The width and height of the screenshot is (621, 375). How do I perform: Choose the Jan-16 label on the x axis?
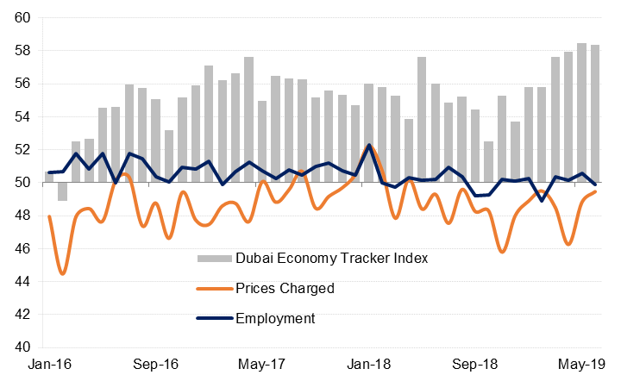(x=49, y=365)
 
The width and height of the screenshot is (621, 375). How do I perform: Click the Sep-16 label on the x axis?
(x=155, y=365)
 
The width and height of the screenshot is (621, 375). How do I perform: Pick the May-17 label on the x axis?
(x=261, y=365)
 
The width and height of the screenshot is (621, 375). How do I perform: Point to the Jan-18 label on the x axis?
(x=367, y=365)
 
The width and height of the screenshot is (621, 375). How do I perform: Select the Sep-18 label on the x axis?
(x=474, y=365)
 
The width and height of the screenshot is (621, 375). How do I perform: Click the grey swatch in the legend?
(x=215, y=258)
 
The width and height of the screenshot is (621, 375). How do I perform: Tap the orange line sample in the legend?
(x=215, y=288)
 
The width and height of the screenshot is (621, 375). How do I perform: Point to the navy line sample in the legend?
(x=215, y=318)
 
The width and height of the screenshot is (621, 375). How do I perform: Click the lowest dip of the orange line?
(x=63, y=274)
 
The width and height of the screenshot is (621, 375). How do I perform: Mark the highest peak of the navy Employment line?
(x=369, y=145)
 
